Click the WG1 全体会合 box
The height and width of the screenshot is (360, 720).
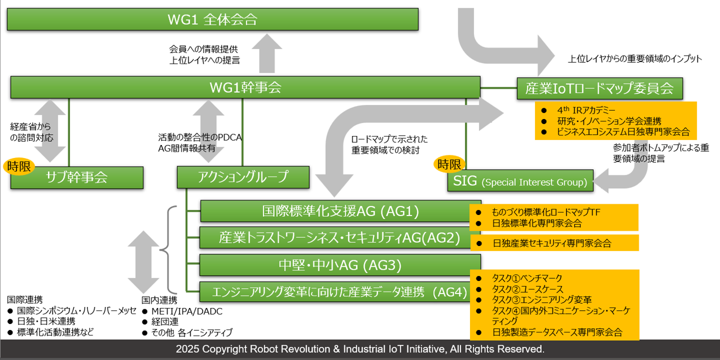[212, 19]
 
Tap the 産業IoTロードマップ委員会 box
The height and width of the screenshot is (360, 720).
[599, 88]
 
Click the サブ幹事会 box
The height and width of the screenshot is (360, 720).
[77, 177]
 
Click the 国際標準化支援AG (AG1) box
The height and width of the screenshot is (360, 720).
[340, 211]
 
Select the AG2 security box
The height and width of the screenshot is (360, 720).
[340, 238]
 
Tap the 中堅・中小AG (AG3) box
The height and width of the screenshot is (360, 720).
[340, 265]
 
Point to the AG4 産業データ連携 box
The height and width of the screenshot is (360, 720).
[340, 292]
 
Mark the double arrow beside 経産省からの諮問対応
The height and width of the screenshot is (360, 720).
[50, 131]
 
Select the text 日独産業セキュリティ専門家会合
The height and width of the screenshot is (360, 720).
[551, 243]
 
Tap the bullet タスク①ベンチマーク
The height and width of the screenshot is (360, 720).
[527, 278]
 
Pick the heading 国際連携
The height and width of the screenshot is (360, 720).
[25, 300]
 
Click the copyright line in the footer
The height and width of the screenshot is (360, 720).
[360, 349]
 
